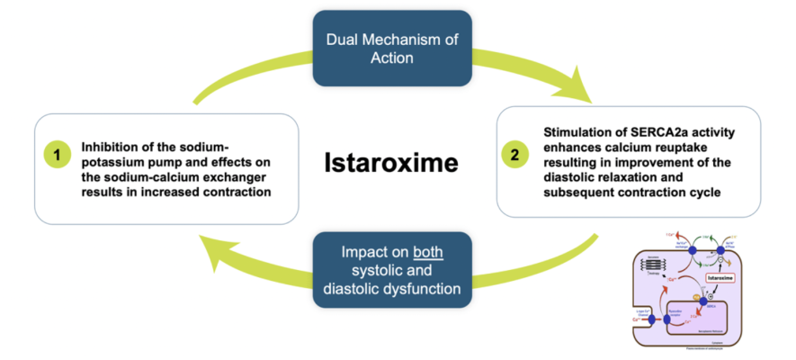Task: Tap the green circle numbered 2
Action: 514,155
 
